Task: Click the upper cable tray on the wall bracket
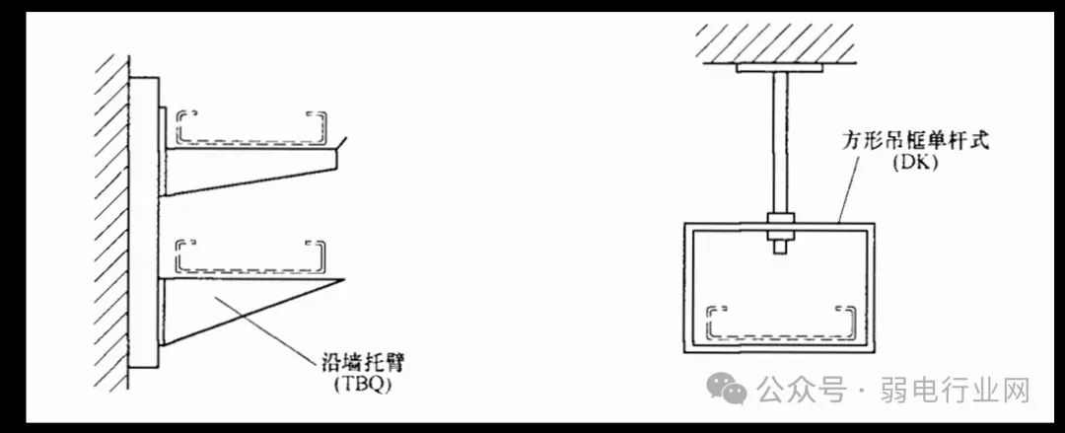251,128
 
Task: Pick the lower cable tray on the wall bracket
250,254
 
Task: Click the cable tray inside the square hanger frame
779,323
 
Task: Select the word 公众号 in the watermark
802,391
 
